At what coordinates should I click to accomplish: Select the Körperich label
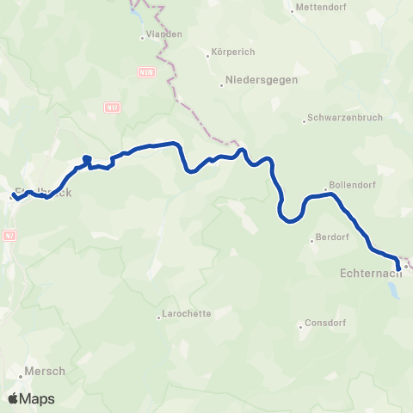[231, 52]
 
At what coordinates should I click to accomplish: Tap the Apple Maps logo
[31, 398]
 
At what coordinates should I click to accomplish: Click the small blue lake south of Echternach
[393, 289]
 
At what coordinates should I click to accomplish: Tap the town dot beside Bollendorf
[329, 188]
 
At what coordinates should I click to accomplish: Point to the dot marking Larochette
[159, 317]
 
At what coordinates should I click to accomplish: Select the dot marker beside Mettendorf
[293, 9]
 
